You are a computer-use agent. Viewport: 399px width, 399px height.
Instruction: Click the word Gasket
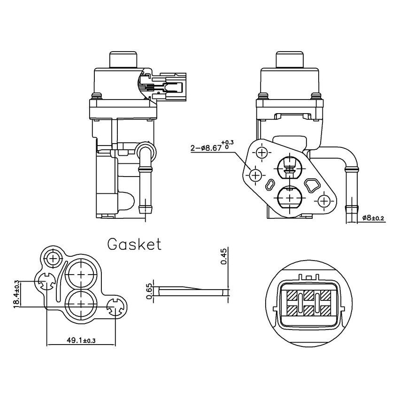pos(134,245)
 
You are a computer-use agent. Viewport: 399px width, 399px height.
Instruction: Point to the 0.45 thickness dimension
pos(223,257)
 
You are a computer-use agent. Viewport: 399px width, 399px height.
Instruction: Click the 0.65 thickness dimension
pos(149,291)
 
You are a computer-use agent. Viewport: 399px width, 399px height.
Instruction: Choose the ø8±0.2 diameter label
pos(374,218)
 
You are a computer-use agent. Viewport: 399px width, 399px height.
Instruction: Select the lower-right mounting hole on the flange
pos(323,201)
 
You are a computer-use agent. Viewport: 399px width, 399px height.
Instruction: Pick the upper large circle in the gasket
pos(81,275)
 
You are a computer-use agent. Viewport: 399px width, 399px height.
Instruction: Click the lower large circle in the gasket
pos(81,304)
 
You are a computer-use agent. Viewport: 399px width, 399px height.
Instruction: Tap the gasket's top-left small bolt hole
pos(54,258)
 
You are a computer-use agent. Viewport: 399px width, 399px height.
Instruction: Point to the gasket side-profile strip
pos(192,291)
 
